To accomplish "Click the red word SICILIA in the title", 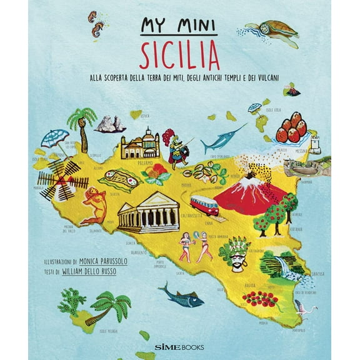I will pos(179,56).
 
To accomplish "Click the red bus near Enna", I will pos(204,204).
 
